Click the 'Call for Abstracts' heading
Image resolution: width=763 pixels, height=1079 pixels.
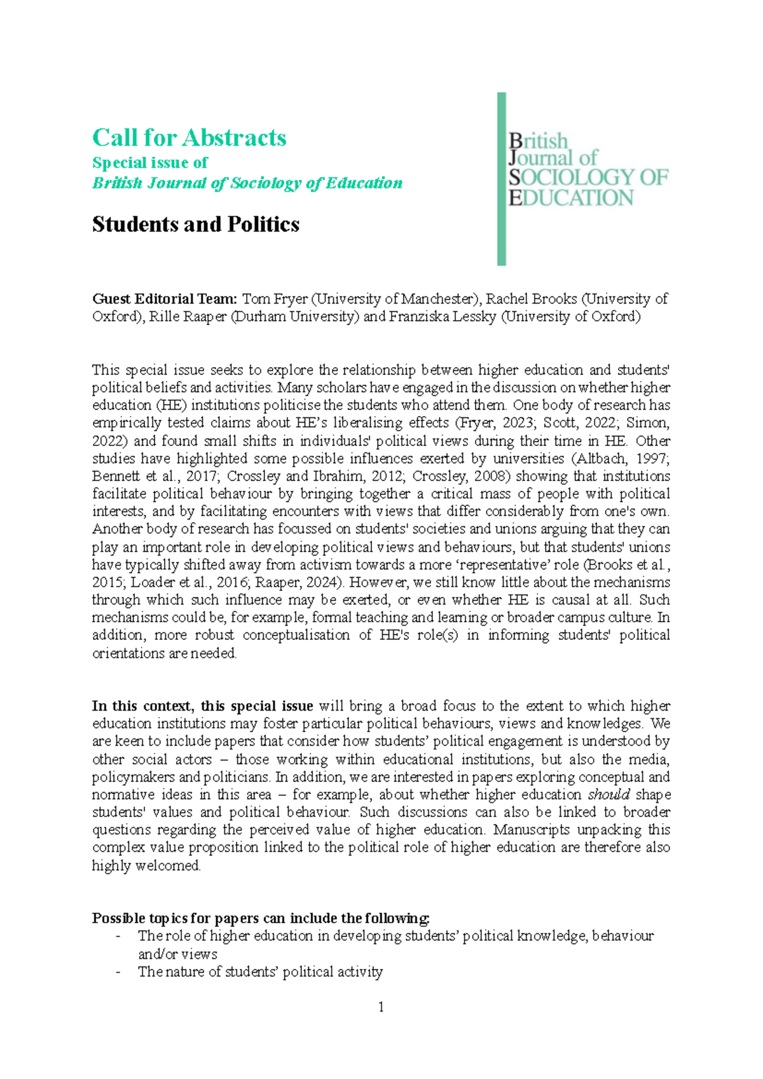189,137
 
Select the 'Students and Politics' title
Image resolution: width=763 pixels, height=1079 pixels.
195,224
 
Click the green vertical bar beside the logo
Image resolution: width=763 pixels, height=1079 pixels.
501,179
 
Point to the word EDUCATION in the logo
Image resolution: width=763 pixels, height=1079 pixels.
571,198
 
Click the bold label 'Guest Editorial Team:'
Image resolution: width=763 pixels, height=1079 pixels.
165,299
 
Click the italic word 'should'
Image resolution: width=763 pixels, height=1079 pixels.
608,795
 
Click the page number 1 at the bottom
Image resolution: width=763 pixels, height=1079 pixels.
381,1006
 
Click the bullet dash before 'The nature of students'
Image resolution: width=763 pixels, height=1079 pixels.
118,972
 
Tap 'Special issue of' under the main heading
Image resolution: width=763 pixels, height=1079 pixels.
150,163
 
